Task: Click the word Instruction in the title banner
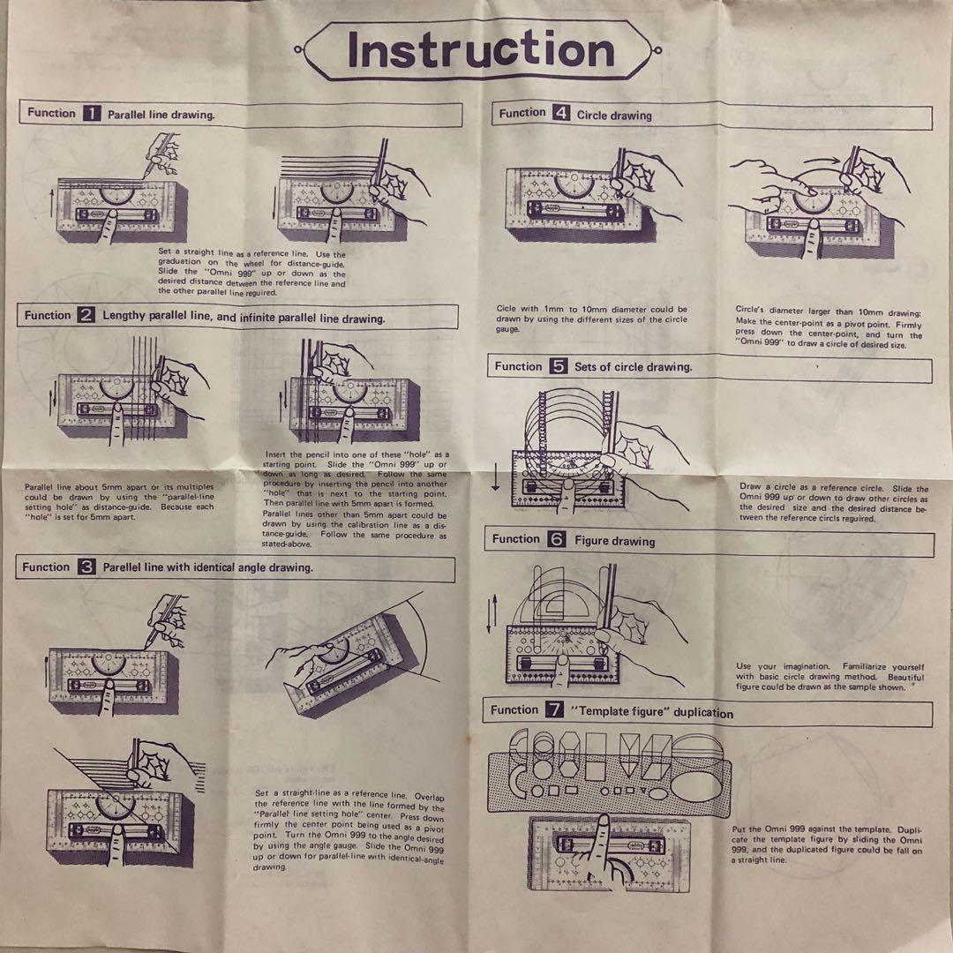coord(480,49)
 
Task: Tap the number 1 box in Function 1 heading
coord(93,113)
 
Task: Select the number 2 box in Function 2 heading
coord(86,316)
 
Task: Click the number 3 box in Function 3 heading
coord(86,567)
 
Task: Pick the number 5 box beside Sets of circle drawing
coord(559,366)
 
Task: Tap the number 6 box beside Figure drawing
coord(556,539)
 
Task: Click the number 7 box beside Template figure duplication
coord(554,710)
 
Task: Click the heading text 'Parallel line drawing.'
coord(161,115)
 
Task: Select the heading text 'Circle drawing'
coord(614,116)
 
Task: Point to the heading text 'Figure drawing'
coord(615,541)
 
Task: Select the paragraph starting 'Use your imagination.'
coord(829,677)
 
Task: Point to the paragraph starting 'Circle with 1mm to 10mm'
coord(591,319)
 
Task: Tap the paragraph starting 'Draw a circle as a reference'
coord(833,503)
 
